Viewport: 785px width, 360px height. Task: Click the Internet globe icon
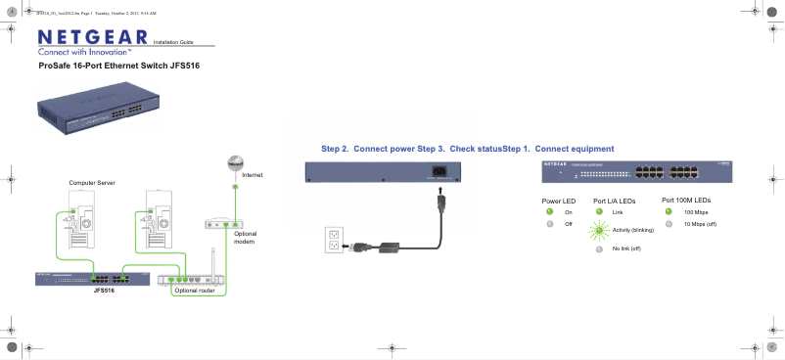[234, 163]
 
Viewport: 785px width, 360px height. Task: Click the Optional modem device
[224, 223]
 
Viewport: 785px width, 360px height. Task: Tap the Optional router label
[194, 291]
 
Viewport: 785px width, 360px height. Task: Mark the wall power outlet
[335, 239]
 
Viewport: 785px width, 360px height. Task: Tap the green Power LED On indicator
[550, 211]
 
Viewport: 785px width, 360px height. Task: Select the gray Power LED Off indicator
[550, 224]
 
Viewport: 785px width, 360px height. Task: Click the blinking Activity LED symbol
[599, 230]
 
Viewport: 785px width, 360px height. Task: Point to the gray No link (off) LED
[599, 249]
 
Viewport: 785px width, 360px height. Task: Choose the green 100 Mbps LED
[669, 211]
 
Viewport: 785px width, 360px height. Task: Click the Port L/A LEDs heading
[614, 200]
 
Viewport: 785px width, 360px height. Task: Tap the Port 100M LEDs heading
[685, 199]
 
